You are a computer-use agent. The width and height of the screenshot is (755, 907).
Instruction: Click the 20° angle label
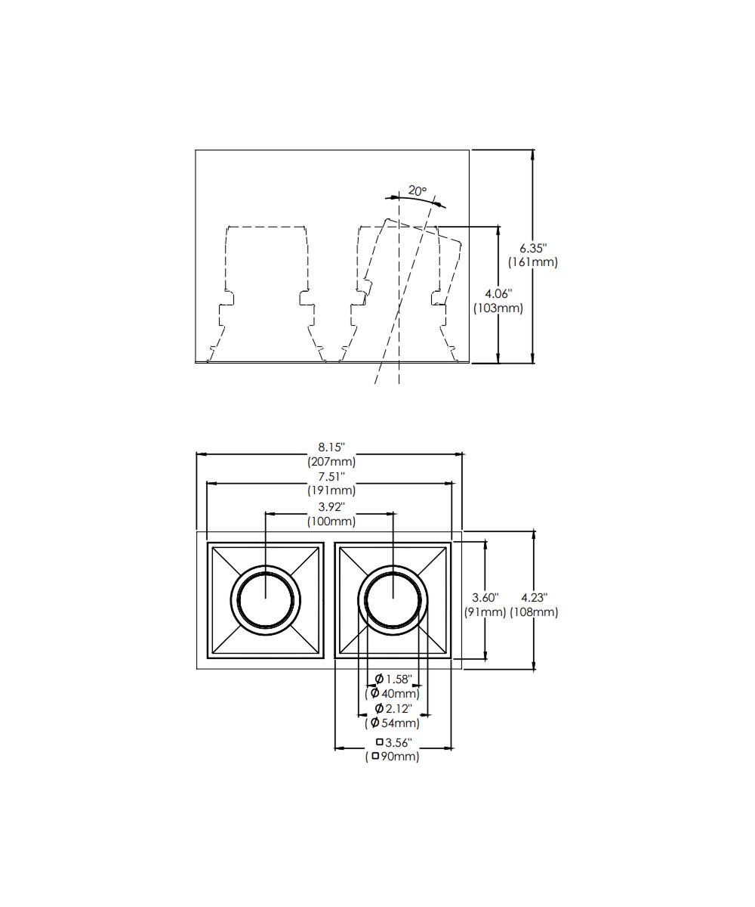pyautogui.click(x=417, y=190)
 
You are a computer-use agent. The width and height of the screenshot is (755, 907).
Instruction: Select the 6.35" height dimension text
pyautogui.click(x=533, y=248)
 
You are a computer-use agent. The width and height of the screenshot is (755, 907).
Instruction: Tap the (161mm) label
pyautogui.click(x=533, y=262)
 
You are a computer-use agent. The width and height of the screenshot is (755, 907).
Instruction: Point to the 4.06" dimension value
pyautogui.click(x=498, y=294)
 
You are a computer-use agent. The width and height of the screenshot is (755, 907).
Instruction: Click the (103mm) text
pyautogui.click(x=498, y=308)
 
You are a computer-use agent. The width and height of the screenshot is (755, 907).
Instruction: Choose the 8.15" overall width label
pyautogui.click(x=331, y=447)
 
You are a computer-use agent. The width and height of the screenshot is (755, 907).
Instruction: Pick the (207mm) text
pyautogui.click(x=331, y=461)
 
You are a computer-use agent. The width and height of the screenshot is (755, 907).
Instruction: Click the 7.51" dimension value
pyautogui.click(x=331, y=476)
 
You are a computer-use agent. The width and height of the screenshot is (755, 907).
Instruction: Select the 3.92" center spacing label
pyautogui.click(x=331, y=506)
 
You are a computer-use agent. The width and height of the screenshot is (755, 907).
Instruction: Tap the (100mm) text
pyautogui.click(x=331, y=521)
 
